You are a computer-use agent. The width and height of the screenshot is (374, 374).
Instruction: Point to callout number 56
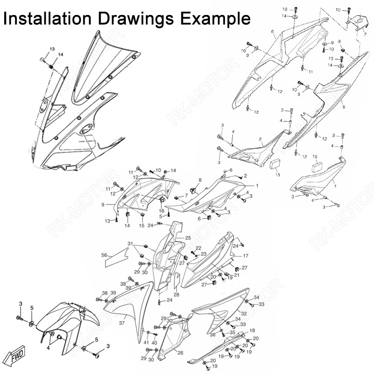104,255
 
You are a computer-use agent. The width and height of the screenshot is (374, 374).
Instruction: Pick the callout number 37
122,323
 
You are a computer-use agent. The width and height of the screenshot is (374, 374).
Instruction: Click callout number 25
188,238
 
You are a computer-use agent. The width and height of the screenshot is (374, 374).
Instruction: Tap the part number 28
176,295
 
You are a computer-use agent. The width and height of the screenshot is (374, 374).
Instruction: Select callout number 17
245,256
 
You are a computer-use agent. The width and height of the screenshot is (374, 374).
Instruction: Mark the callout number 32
244,313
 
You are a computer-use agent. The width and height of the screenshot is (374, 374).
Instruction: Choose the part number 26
180,352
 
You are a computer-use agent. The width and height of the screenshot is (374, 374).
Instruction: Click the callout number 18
252,331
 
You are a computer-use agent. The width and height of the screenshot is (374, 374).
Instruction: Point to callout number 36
213,335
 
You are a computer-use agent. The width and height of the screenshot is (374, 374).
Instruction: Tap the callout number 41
146,343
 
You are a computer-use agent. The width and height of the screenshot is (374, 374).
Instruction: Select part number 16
161,211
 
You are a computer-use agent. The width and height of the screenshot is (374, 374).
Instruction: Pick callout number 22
198,248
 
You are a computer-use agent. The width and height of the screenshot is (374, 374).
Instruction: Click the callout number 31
131,244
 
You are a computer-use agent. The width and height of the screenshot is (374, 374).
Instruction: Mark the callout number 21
237,275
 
